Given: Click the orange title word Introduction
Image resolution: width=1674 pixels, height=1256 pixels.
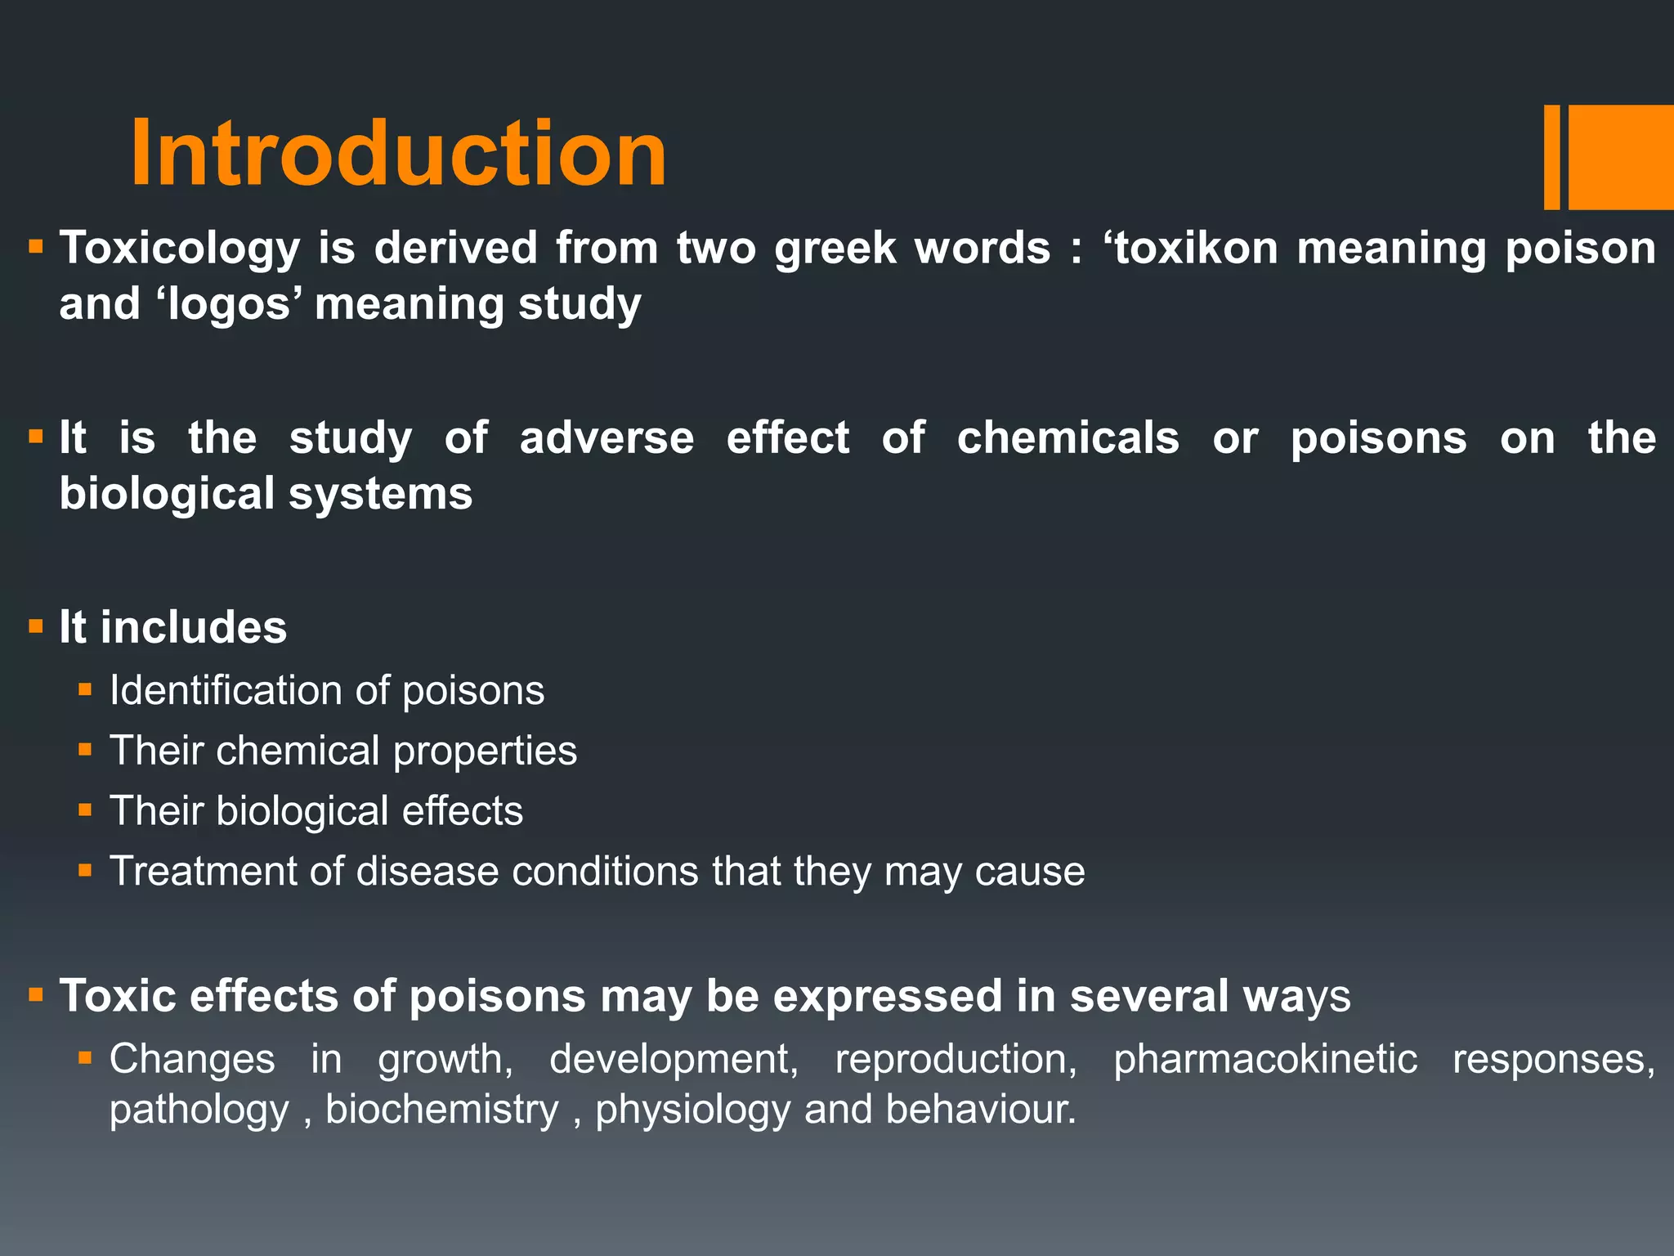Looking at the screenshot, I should (x=398, y=154).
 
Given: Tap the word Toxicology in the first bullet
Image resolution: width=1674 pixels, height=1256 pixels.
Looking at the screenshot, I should (x=180, y=248).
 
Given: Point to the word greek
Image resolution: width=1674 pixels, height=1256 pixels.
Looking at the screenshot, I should (x=835, y=248).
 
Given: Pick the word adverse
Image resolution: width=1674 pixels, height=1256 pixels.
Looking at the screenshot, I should (x=606, y=437).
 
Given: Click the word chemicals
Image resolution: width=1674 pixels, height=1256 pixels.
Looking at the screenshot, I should (x=1068, y=437).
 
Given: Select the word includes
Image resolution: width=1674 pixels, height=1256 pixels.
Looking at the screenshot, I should (x=194, y=627).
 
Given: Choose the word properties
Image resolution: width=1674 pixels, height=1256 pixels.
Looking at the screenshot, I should (x=485, y=751).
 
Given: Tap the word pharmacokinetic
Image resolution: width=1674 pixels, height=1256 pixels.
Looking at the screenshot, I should (x=1264, y=1059).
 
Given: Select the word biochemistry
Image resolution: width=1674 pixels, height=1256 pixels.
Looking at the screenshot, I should (x=441, y=1110).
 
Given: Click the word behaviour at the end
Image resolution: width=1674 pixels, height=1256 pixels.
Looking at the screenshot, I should (x=980, y=1110).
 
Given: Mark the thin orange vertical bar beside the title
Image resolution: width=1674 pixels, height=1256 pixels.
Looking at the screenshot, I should (x=1551, y=157).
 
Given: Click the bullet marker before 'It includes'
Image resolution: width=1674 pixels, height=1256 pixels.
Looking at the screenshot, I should (x=35, y=627).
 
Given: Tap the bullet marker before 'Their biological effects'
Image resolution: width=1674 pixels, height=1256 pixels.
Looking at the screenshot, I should (x=85, y=810).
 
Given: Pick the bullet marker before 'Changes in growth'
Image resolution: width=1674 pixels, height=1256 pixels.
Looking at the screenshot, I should (x=85, y=1058).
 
